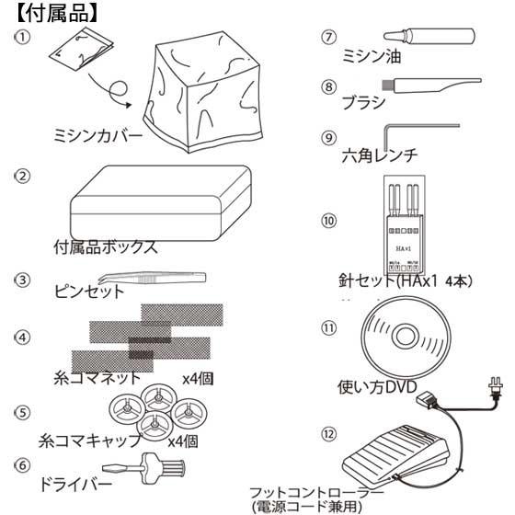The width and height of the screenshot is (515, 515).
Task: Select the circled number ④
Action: (23, 337)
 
